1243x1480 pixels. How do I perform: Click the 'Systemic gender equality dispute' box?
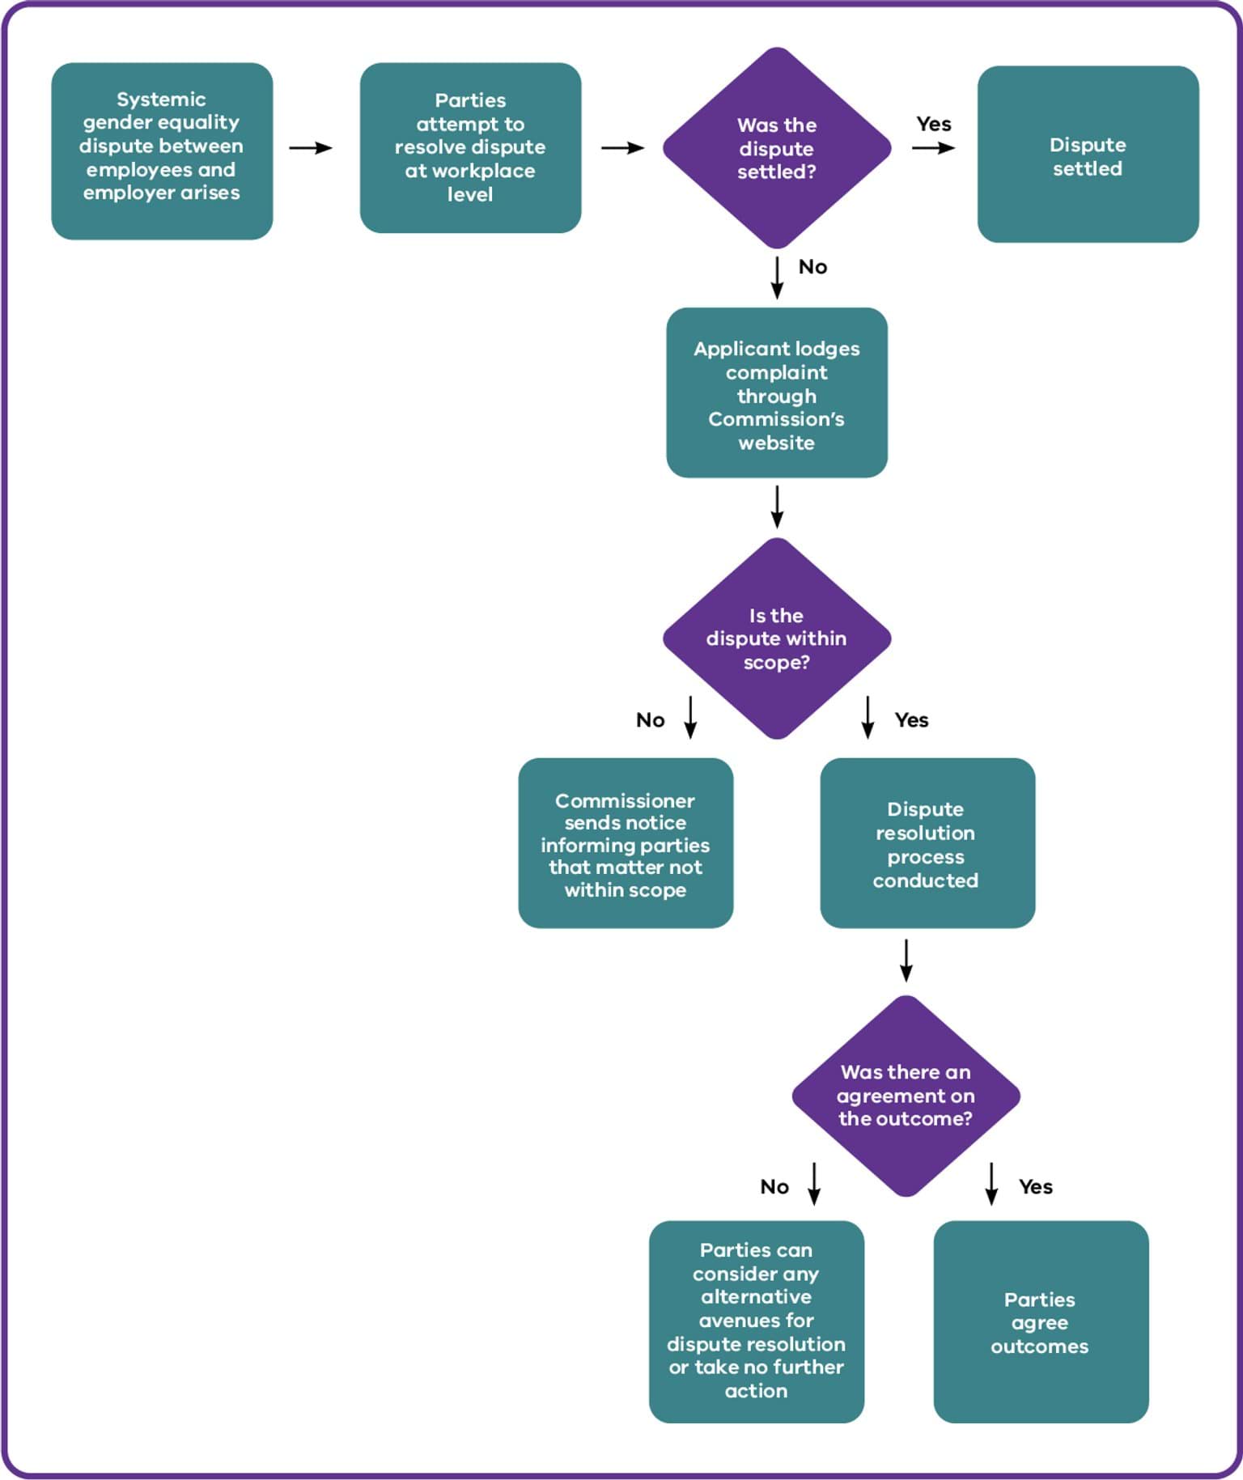click(162, 151)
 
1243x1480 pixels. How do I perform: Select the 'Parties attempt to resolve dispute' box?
click(470, 148)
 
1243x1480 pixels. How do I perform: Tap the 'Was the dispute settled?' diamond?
click(777, 148)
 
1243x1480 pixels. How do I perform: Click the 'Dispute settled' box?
click(1088, 154)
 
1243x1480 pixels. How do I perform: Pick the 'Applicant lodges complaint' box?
click(777, 392)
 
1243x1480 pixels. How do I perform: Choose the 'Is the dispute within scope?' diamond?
click(777, 638)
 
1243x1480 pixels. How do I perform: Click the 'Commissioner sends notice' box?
click(626, 843)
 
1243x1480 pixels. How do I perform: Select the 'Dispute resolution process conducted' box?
click(927, 843)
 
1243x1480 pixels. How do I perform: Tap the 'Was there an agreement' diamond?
click(906, 1096)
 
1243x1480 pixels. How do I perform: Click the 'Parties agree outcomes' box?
click(1041, 1321)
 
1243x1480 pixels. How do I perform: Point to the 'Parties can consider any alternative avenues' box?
click(757, 1321)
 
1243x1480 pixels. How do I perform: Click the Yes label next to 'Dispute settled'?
click(934, 124)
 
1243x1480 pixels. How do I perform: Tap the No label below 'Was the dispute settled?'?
click(813, 267)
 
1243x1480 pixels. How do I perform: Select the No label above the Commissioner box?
click(651, 720)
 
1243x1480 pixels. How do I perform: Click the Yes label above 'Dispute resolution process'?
click(912, 720)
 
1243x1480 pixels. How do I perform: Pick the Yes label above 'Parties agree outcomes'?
click(1036, 1187)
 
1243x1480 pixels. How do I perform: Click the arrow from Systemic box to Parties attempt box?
click(311, 148)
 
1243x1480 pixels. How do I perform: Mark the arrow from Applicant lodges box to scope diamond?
click(777, 507)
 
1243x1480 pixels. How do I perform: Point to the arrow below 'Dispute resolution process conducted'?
click(906, 961)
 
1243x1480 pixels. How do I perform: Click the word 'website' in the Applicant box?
click(777, 443)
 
